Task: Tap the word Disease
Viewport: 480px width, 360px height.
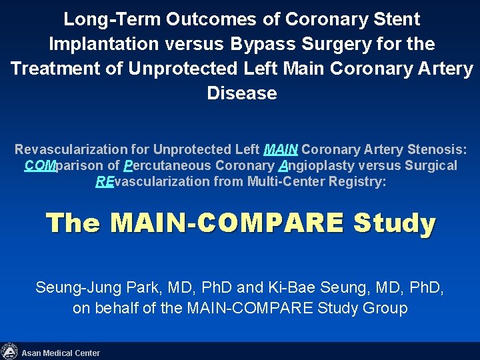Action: click(x=242, y=93)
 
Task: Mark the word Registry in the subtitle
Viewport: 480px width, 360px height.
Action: click(x=357, y=182)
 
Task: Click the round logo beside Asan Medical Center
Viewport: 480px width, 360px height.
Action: click(x=9, y=351)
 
